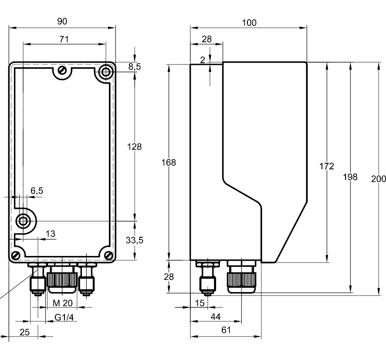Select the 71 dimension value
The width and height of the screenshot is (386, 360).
pyautogui.click(x=64, y=39)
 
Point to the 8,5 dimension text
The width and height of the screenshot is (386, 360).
pyautogui.click(x=135, y=67)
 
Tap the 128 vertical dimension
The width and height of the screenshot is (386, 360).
pyautogui.click(x=134, y=147)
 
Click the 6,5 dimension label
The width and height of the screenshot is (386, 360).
pyautogui.click(x=37, y=191)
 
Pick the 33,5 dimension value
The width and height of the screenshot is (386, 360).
pyautogui.click(x=134, y=240)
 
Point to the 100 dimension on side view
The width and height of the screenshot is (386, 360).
pyautogui.click(x=249, y=22)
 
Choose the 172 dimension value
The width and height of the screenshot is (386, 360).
pyautogui.click(x=326, y=166)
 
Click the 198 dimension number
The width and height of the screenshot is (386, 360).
pyautogui.click(x=350, y=177)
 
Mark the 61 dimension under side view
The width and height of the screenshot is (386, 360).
pyautogui.click(x=226, y=330)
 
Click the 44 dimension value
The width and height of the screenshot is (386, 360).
pyautogui.click(x=216, y=317)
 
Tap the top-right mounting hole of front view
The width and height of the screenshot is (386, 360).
pyautogui.click(x=105, y=72)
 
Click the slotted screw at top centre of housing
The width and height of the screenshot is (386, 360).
pyautogui.click(x=63, y=70)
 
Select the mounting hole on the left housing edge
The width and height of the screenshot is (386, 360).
pyautogui.click(x=23, y=221)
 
